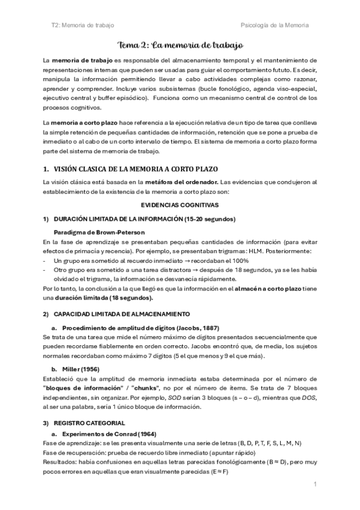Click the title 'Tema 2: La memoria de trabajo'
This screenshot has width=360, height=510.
tap(180, 45)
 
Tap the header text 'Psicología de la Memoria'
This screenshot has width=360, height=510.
tap(274, 25)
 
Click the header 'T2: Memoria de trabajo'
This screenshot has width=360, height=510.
tap(83, 25)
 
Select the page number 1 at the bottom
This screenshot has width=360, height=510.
tap(316, 484)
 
